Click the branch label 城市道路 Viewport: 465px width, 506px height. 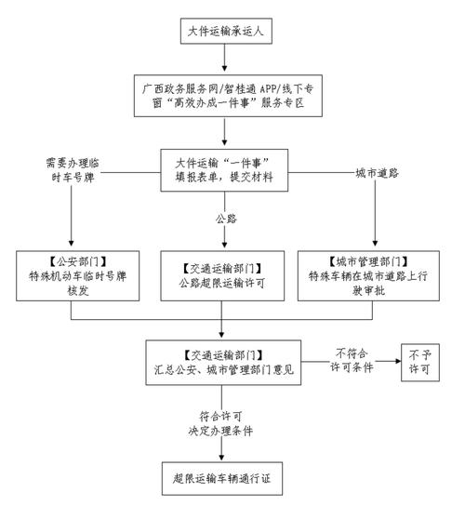[x=378, y=172]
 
